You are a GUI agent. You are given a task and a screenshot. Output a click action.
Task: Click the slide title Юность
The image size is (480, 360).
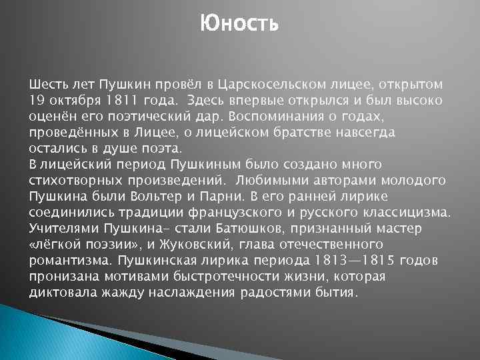point(239,25)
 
